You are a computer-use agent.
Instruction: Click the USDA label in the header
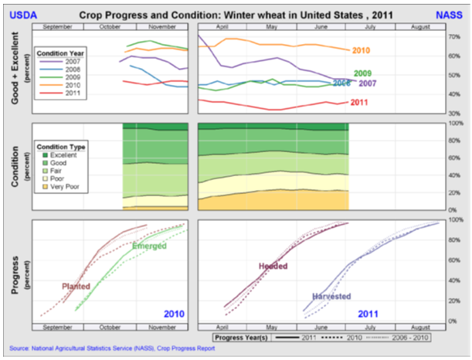pyautogui.click(x=21, y=15)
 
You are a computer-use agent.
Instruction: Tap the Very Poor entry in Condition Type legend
pyautogui.click(x=66, y=187)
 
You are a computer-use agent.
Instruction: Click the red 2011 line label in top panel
pyautogui.click(x=359, y=103)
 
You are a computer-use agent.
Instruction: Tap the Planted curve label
pyautogui.click(x=76, y=286)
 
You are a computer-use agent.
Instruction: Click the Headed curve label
pyautogui.click(x=272, y=266)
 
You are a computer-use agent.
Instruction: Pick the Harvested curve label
pyautogui.click(x=332, y=296)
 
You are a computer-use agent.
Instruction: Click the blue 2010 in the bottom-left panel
pyautogui.click(x=175, y=314)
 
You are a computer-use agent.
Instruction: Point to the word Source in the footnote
pyautogui.click(x=22, y=348)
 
